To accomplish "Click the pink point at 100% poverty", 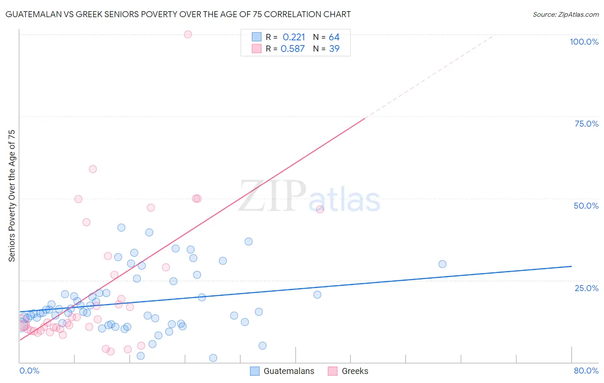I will [x=188, y=34].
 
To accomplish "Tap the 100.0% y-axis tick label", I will [x=584, y=42].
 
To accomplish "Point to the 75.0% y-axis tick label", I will [x=586, y=124].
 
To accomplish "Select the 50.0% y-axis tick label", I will [x=586, y=206].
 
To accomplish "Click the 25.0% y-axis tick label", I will [x=586, y=288].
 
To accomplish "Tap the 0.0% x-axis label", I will [x=29, y=371].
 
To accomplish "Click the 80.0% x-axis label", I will [x=586, y=371].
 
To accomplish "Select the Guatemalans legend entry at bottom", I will [x=282, y=371].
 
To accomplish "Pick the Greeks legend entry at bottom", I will [x=348, y=371].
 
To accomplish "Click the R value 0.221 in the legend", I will [x=294, y=37].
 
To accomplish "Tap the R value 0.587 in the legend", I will [x=293, y=49].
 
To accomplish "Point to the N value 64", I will [x=334, y=37].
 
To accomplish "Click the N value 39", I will [x=334, y=49].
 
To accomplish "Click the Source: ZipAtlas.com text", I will [x=565, y=15].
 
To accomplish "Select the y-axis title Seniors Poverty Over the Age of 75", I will [x=12, y=196].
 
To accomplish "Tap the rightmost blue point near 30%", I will [x=442, y=264].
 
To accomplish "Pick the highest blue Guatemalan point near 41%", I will [x=122, y=228].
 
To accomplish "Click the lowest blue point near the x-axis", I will [x=213, y=358].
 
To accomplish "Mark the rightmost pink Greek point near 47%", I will [x=320, y=209].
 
